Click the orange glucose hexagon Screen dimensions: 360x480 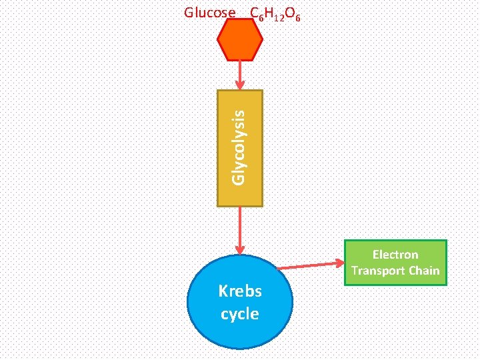click(240, 40)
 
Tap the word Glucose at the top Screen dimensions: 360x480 click(209, 13)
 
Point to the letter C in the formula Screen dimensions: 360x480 click(254, 13)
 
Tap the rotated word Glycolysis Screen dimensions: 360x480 click(239, 147)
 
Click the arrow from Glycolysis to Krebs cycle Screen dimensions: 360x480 click(240, 227)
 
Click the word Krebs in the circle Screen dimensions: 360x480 click(240, 291)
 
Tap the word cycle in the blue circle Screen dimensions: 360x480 click(240, 313)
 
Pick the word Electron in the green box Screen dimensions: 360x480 click(395, 255)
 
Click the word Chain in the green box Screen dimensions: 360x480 click(425, 271)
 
